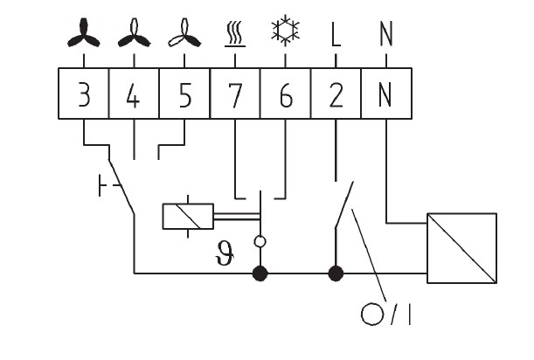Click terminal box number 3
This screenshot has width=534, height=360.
click(84, 93)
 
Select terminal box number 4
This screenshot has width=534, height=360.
click(134, 93)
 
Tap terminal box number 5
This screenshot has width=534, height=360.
click(184, 93)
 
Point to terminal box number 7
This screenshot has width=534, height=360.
click(235, 93)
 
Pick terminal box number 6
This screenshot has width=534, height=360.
click(286, 93)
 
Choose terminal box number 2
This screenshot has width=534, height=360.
click(336, 93)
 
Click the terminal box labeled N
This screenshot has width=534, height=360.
click(386, 93)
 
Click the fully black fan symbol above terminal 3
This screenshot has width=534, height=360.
click(84, 33)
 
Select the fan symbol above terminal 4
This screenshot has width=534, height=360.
click(135, 33)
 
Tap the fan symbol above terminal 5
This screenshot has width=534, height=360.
click(184, 33)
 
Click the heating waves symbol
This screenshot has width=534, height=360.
click(234, 33)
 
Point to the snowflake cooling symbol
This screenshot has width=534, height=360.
click(286, 30)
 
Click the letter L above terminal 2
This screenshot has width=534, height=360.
click(336, 34)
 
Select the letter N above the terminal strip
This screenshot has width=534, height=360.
click(386, 34)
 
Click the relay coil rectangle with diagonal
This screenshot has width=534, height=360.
click(188, 217)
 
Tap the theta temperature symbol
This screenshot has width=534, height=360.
click(225, 253)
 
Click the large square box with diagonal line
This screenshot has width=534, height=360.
click(461, 248)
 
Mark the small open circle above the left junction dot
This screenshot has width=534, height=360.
click(260, 241)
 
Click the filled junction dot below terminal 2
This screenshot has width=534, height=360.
click(336, 273)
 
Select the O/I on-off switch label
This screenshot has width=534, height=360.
click(385, 314)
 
